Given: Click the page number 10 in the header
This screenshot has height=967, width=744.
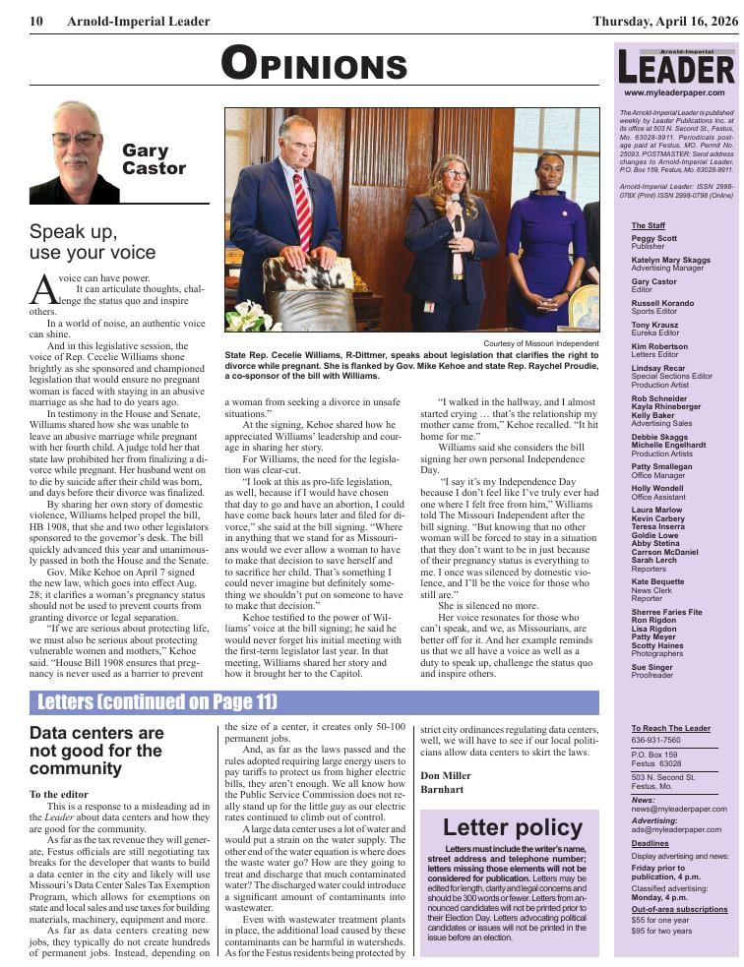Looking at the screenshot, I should (36, 21).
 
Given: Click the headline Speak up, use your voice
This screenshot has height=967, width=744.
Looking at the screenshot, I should (93, 243).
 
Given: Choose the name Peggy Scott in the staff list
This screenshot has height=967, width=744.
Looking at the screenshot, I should (653, 238).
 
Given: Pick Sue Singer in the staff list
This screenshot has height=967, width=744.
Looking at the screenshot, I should (651, 668).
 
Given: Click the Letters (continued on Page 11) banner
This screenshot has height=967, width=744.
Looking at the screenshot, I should (157, 702).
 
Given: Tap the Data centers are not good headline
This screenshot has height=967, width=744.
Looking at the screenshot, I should (96, 751).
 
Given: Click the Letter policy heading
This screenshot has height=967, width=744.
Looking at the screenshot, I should (508, 826).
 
